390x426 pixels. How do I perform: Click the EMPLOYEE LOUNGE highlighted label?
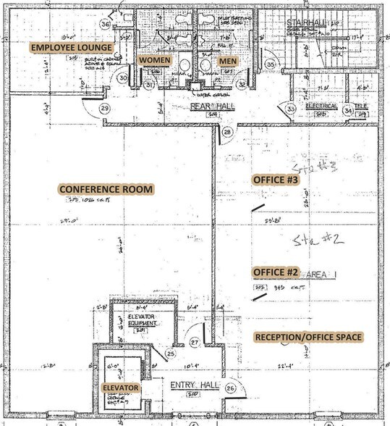coord(71,48)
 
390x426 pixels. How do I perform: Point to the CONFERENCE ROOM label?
coord(106,190)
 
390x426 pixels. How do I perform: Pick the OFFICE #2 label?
coord(275,272)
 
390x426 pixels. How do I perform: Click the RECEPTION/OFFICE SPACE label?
coord(308,337)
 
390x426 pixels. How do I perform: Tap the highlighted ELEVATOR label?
coord(120,389)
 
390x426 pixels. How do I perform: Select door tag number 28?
coord(227,132)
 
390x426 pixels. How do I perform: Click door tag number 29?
coord(105,109)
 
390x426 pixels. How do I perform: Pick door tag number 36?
coord(105,24)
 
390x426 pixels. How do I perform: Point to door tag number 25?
coord(170,354)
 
